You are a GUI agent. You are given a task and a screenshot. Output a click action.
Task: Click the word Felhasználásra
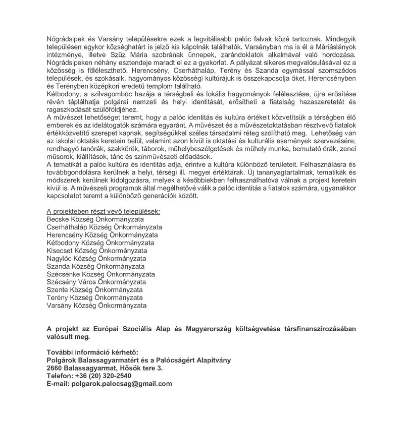319,165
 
